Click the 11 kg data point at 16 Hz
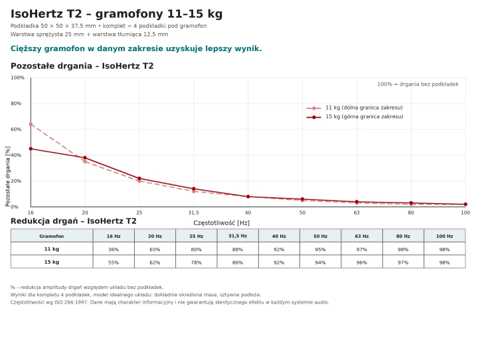pyautogui.click(x=31, y=124)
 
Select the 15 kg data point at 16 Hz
pyautogui.click(x=31, y=149)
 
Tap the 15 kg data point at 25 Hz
pyautogui.click(x=139, y=179)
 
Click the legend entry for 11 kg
pyautogui.click(x=355, y=108)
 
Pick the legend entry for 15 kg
pyautogui.click(x=355, y=117)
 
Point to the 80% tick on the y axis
pyautogui.click(x=16, y=103)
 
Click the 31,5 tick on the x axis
pyautogui.click(x=194, y=213)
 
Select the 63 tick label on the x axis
pyautogui.click(x=357, y=213)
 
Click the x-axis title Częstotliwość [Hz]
pyautogui.click(x=221, y=223)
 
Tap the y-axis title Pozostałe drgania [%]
pyautogui.click(x=7, y=176)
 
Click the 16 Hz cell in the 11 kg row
pyautogui.click(x=114, y=250)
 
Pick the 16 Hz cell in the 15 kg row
pyautogui.click(x=114, y=262)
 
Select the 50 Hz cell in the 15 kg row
pyautogui.click(x=321, y=262)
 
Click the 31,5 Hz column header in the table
pyautogui.click(x=238, y=236)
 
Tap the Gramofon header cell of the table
pyautogui.click(x=52, y=236)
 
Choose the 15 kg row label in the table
pyautogui.click(x=52, y=262)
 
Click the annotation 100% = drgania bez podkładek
pyautogui.click(x=418, y=84)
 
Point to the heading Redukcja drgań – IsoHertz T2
pyautogui.click(x=73, y=221)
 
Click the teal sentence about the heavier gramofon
pyautogui.click(x=136, y=48)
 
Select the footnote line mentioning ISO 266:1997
pyautogui.click(x=169, y=302)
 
